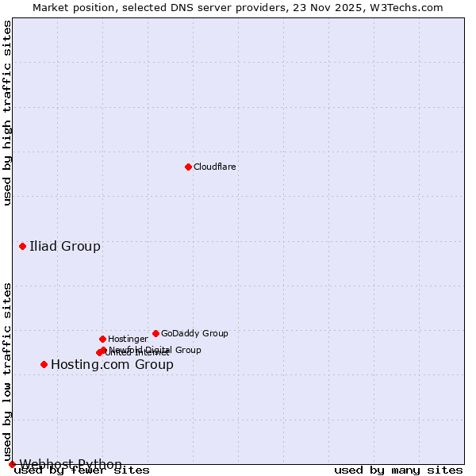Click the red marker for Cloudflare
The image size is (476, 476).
tap(188, 167)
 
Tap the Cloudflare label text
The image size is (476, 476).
tap(214, 167)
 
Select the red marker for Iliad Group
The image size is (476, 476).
tap(22, 246)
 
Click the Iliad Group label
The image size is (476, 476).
tap(65, 246)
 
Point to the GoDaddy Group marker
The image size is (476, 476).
tap(155, 333)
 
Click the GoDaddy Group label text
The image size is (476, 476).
tap(194, 334)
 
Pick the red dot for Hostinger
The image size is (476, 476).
tap(102, 339)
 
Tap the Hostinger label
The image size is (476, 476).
tap(128, 340)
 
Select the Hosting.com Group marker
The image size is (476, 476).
tap(44, 364)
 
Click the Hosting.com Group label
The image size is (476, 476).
tap(112, 365)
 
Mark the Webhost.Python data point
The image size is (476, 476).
tap(12, 464)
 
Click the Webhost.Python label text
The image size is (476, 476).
tap(71, 464)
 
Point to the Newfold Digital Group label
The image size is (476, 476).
tap(155, 350)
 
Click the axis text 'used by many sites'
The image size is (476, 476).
tap(398, 470)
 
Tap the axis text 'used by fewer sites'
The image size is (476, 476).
tap(82, 470)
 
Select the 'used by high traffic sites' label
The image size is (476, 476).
tap(7, 113)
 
